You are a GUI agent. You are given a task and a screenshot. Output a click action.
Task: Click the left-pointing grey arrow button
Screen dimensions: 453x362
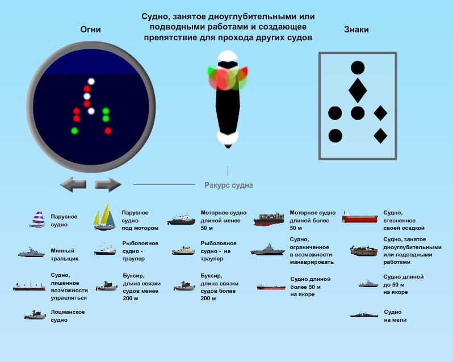73,184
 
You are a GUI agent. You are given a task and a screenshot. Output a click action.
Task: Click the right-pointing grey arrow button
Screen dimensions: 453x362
108,184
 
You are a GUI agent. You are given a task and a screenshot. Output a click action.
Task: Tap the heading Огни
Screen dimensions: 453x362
90,30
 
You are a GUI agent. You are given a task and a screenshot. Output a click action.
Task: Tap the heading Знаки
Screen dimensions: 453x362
356,30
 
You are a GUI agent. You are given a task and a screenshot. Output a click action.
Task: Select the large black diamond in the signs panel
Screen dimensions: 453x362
358,90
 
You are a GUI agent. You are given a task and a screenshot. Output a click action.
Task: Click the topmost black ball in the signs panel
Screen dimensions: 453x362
358,68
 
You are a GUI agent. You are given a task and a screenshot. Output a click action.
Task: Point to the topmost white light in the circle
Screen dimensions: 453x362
91,81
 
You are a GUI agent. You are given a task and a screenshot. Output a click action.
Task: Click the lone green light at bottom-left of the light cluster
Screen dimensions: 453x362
74,131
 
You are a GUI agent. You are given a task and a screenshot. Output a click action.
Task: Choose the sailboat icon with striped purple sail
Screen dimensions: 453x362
37,219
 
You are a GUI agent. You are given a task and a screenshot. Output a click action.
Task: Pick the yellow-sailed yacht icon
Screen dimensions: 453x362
104,217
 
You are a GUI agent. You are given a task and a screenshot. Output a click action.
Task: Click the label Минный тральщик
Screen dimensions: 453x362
64,255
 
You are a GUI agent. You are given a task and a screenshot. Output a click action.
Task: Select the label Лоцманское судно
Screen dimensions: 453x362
68,316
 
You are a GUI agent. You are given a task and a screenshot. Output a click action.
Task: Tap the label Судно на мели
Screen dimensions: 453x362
395,316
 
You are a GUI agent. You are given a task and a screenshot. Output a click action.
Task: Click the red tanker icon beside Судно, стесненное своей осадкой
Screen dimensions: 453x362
360,217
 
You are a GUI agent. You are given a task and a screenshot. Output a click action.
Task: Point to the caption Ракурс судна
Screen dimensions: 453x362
229,186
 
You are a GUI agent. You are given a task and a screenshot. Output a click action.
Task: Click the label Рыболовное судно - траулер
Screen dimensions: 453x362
140,251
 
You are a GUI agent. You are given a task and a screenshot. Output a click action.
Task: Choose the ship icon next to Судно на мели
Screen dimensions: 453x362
364,315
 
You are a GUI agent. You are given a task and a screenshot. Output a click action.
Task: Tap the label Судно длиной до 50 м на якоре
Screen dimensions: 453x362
403,284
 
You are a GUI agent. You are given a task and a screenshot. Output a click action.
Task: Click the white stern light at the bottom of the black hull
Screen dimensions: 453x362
228,138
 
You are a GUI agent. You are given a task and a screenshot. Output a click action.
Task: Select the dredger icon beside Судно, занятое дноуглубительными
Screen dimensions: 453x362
364,251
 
